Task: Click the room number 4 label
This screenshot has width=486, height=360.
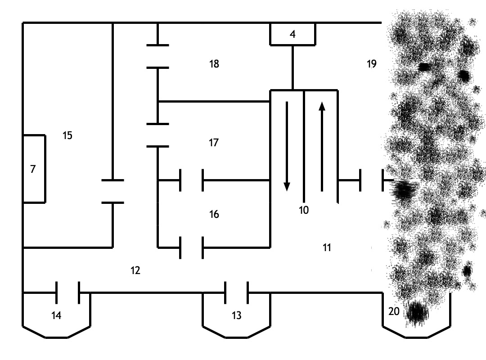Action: click(292, 34)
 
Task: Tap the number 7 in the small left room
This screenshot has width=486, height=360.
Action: click(33, 169)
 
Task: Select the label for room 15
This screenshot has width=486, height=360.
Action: click(67, 135)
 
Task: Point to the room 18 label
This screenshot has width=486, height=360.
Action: click(214, 64)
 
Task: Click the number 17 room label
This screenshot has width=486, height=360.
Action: click(214, 143)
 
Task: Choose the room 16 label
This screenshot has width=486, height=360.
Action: click(214, 214)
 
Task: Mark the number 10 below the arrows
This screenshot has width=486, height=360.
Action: click(304, 210)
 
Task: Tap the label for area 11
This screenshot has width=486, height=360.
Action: click(327, 247)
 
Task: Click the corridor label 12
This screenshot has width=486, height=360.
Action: click(135, 270)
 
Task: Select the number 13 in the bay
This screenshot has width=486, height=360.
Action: click(237, 315)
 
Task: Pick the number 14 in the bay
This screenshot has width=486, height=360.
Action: click(56, 315)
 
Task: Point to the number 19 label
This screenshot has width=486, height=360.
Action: click(371, 64)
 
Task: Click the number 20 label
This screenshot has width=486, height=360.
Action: click(394, 311)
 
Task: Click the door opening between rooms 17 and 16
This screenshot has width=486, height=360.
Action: click(191, 180)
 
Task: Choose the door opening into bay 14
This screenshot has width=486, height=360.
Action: click(67, 293)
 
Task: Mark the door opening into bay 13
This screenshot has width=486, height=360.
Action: click(236, 293)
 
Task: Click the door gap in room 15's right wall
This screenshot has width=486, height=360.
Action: click(112, 192)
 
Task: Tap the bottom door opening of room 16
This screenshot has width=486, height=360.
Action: click(191, 247)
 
